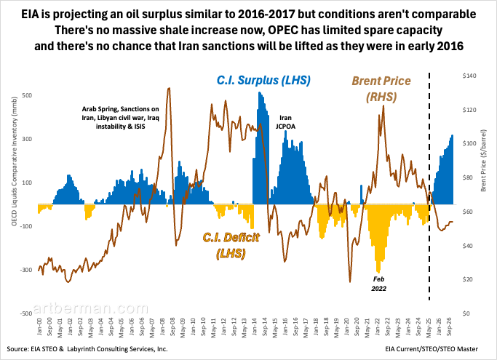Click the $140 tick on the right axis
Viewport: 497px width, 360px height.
click(471, 76)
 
